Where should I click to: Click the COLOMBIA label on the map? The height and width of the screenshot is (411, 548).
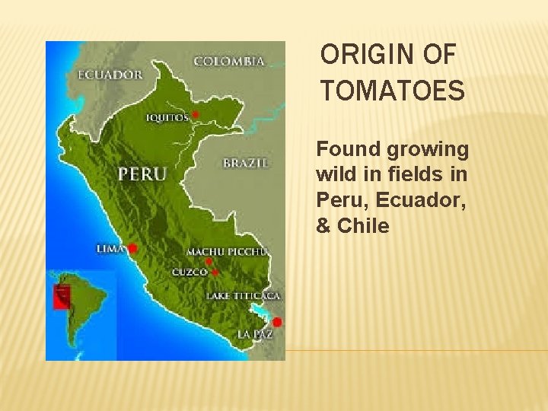click(229, 61)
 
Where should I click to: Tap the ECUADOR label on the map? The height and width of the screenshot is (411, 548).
click(110, 75)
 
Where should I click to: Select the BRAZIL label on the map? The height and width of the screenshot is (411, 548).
click(245, 163)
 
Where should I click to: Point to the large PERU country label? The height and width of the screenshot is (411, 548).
click(142, 174)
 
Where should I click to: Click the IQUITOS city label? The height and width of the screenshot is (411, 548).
click(167, 117)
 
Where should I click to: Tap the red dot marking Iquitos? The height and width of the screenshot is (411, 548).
click(196, 114)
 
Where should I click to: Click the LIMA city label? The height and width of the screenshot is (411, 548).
click(111, 248)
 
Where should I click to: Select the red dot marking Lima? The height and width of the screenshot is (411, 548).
click(132, 248)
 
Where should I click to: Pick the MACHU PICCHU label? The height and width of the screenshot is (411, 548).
click(228, 252)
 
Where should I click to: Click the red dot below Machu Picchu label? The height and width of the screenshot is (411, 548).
click(209, 261)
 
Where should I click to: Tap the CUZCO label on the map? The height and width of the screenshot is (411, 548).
click(190, 272)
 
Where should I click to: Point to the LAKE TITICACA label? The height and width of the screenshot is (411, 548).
click(243, 295)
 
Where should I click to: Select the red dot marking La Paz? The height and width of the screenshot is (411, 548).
click(277, 322)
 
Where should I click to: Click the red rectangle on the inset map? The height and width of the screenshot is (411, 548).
click(61, 297)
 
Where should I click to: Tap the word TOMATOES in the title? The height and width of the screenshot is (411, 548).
click(392, 91)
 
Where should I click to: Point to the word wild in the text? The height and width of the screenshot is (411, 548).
click(335, 174)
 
